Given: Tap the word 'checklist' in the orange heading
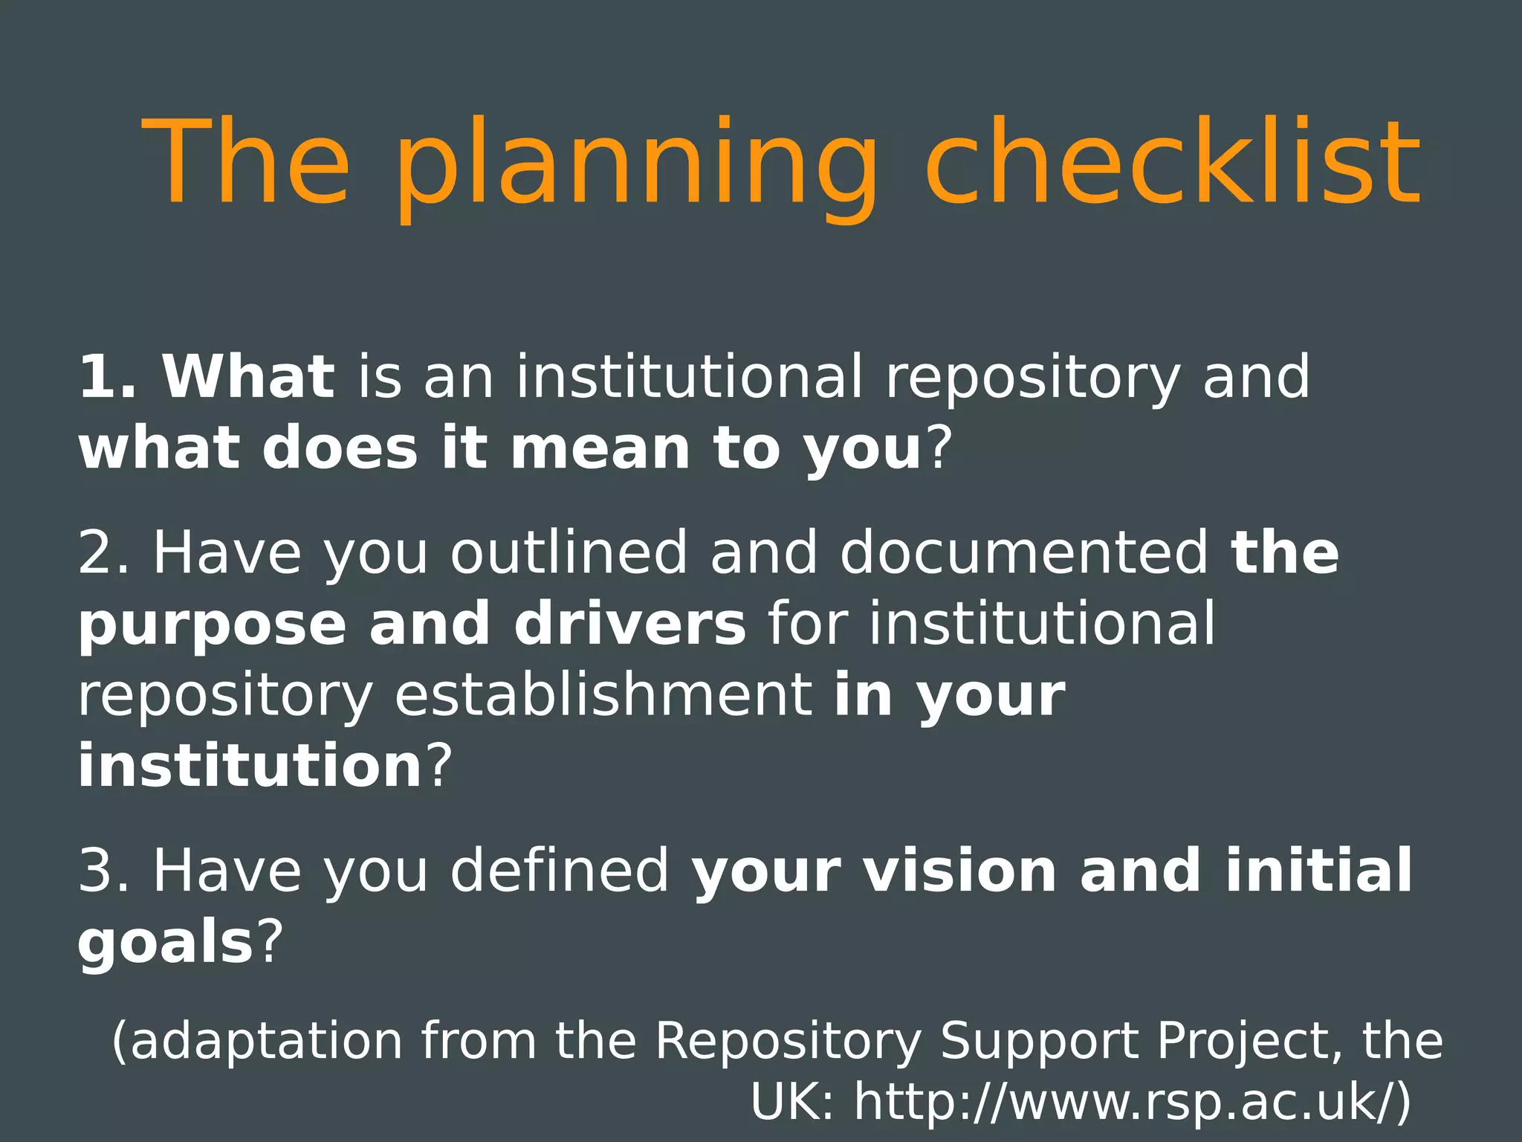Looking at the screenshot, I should [1173, 162].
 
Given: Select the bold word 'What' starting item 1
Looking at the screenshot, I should [249, 377].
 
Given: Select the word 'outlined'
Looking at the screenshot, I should [569, 552].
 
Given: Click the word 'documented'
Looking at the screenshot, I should [1024, 552].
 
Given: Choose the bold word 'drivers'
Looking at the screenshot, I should [630, 624].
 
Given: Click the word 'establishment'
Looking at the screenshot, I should [603, 695].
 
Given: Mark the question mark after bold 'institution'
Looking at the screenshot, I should [438, 766].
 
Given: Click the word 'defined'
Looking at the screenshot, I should [560, 871].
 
